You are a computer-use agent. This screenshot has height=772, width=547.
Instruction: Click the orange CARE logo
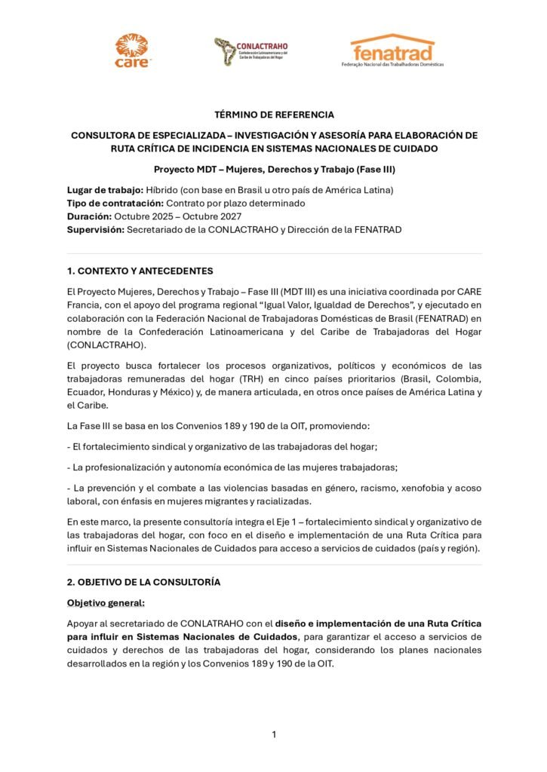pyautogui.click(x=132, y=51)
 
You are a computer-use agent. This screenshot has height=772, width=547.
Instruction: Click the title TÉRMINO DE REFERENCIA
pyautogui.click(x=274, y=115)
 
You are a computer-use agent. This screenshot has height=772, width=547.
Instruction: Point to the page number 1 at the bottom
pyautogui.click(x=274, y=734)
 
